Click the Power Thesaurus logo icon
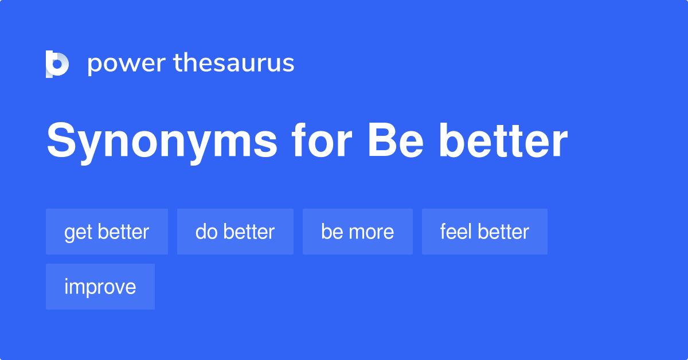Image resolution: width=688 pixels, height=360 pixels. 57,64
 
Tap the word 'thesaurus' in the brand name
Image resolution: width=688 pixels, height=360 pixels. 234,64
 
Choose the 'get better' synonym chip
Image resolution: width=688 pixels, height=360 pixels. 107,232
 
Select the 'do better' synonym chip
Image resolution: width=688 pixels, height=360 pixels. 235,232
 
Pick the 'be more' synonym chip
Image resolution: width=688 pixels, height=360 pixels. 357,232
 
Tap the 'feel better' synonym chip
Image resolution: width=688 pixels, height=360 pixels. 484,232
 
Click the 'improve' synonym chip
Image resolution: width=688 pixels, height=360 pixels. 100,287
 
